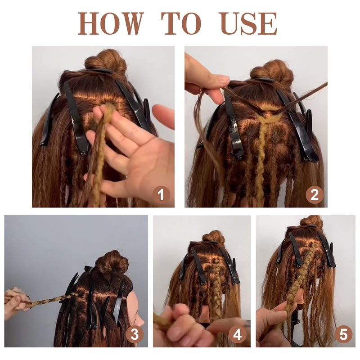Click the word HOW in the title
[x=111, y=24]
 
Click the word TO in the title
[x=181, y=24]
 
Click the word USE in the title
[x=248, y=24]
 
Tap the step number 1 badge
[x=161, y=195]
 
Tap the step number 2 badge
[x=314, y=195]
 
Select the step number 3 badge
[x=135, y=334]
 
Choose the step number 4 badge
[x=237, y=334]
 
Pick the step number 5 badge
[x=343, y=334]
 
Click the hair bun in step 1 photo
[x=106, y=60]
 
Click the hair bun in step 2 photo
[x=272, y=70]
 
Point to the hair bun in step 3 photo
[x=112, y=263]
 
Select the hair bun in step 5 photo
[x=311, y=221]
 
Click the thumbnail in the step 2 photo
[x=223, y=79]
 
